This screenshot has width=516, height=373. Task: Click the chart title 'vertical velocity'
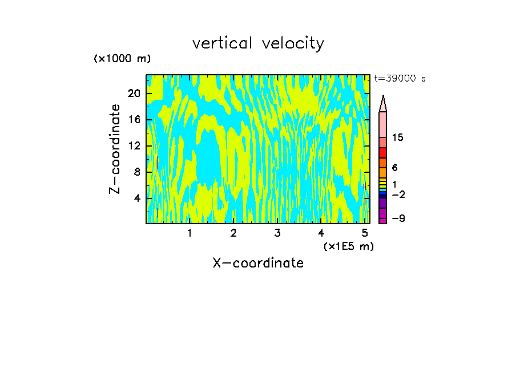point(258,43)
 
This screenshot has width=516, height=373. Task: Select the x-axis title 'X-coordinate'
point(258,263)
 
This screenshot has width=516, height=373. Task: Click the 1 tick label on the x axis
point(190,233)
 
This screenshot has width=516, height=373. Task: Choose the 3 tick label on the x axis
point(277,233)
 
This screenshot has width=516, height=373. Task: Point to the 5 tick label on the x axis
point(365,233)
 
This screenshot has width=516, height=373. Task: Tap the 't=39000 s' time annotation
point(400,79)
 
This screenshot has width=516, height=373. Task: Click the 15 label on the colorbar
point(398,138)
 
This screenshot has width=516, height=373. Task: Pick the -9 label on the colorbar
point(398,218)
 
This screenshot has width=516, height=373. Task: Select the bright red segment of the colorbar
point(382,153)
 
